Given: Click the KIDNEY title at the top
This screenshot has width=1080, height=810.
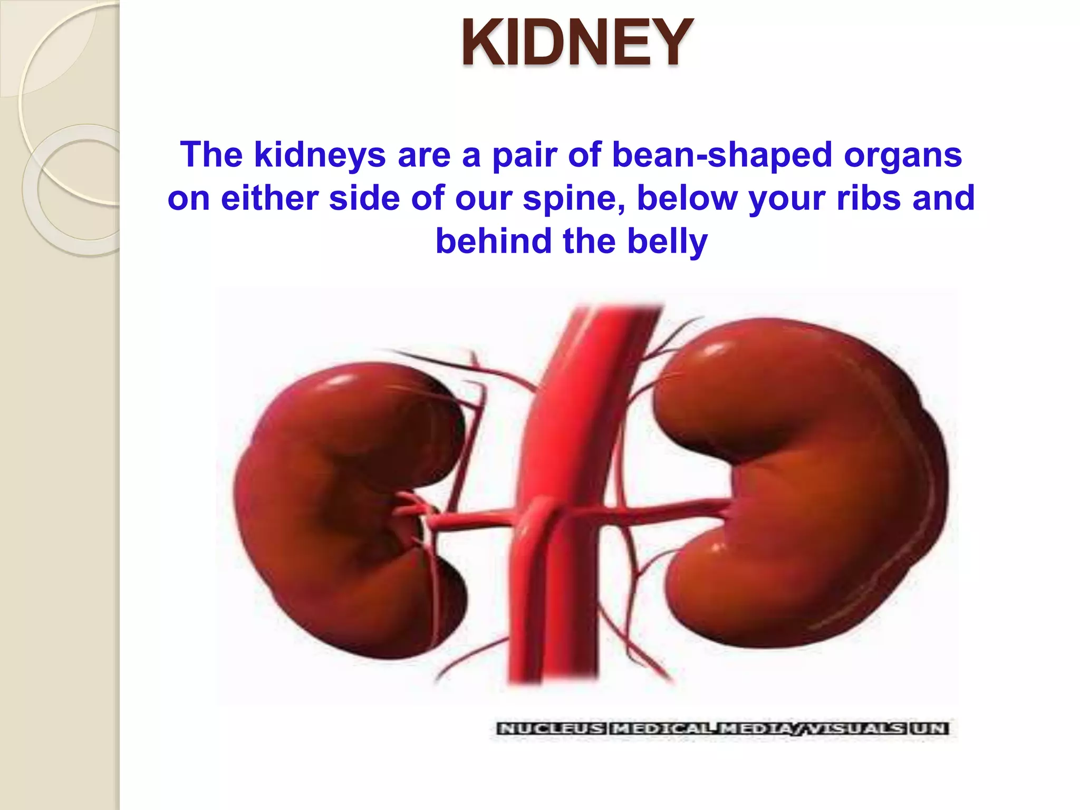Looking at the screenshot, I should pos(577,43).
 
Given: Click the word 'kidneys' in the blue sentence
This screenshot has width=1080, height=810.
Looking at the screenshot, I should pos(320,155).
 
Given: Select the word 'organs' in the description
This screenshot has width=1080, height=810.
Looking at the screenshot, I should pos(903,155).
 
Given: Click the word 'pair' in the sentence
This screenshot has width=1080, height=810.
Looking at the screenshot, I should pos(524,155).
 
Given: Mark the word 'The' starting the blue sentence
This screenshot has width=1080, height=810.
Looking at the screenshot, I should pos(211,155).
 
